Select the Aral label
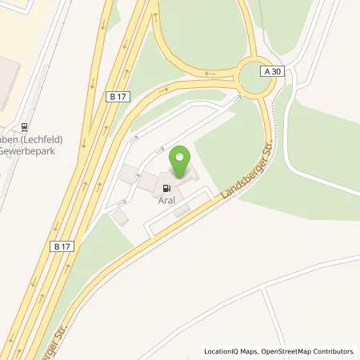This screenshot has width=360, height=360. click(x=167, y=193)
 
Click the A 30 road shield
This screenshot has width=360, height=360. click(x=272, y=71)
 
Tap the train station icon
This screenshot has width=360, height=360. click(x=26, y=125)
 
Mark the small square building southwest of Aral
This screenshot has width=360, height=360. click(x=119, y=217)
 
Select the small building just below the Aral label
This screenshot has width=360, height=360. click(x=182, y=210)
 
